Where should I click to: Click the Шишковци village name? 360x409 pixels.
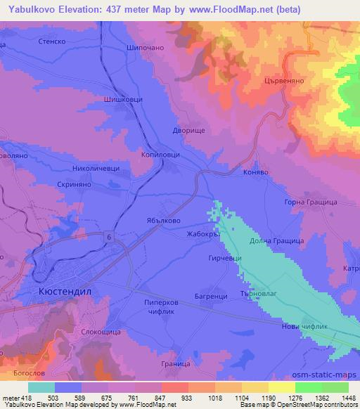123,100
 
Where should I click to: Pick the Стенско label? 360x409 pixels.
47,41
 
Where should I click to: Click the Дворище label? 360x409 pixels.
188,130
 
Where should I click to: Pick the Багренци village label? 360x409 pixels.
210,297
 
